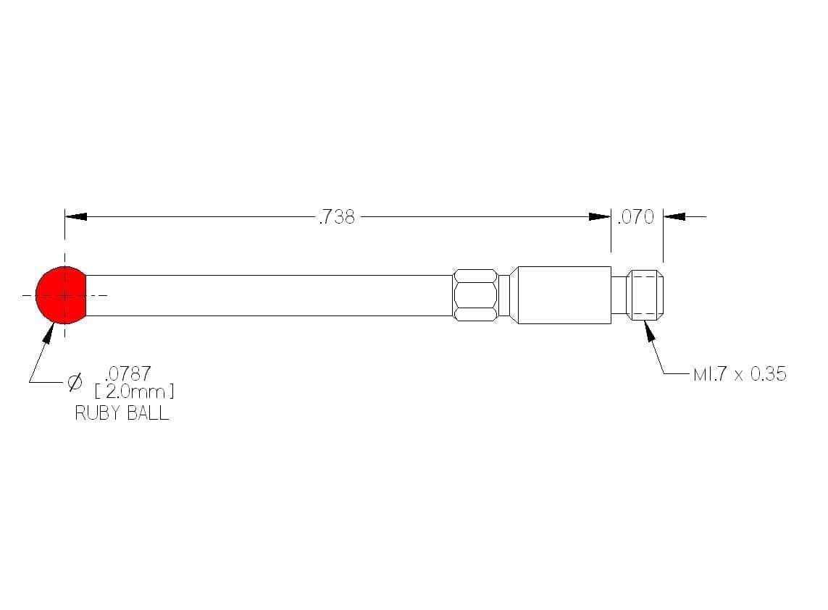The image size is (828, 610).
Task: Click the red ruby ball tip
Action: (61, 295)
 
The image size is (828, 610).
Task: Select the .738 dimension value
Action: (337, 217)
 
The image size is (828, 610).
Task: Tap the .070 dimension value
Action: (636, 217)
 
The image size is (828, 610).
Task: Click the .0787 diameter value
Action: (127, 373)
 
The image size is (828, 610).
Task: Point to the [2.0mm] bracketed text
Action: (134, 391)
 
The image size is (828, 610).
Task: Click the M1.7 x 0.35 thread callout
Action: (740, 374)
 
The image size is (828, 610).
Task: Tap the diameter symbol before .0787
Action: (75, 381)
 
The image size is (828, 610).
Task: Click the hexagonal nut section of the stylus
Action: (475, 295)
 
